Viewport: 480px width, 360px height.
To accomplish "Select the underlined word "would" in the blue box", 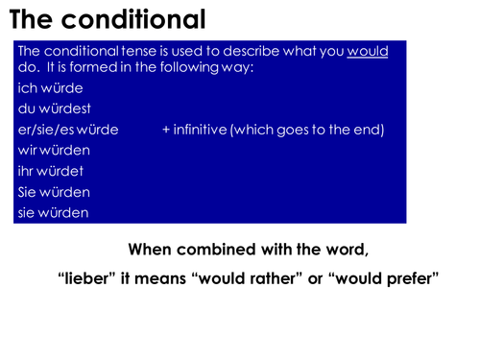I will point(368,51).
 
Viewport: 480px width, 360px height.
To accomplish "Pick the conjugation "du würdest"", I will point(54,109).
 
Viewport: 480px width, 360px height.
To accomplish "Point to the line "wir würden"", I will point(53,151).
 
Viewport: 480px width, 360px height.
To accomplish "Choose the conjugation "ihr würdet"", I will point(51,171).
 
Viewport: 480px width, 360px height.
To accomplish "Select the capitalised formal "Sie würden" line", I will point(54,192).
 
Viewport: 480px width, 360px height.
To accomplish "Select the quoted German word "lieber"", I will point(84,280).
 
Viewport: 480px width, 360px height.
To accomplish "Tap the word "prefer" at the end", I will point(412,280).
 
